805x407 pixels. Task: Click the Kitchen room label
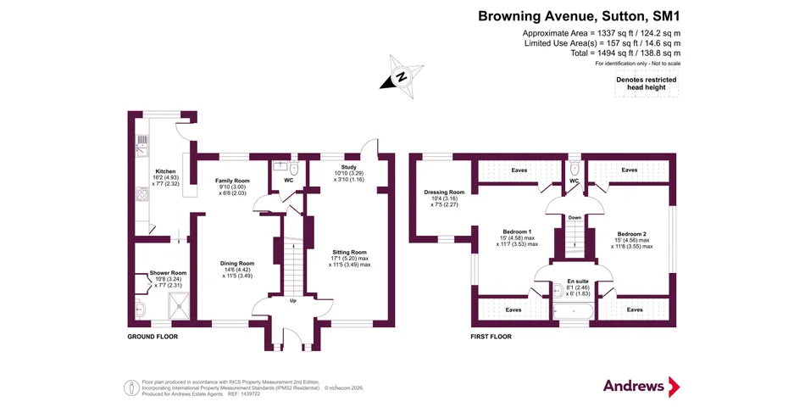coord(165,171)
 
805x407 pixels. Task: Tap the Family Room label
coord(231,181)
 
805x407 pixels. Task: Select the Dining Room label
coord(238,263)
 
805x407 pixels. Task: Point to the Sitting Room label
coord(348,252)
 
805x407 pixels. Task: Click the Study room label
coord(348,168)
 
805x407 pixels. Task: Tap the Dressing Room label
coord(444,192)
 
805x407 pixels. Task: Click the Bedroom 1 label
coord(516,232)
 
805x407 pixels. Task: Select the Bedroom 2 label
coord(631,234)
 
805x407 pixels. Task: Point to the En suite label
coord(576,283)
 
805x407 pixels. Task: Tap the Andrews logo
coord(641,386)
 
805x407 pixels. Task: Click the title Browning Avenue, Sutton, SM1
coord(579,15)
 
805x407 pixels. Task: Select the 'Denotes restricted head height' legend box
coord(646,84)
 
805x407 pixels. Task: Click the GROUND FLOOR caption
coord(152,337)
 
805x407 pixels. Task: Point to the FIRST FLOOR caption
coord(491,337)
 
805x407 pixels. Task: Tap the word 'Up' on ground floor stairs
coord(293,301)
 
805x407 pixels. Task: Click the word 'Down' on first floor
coord(575,216)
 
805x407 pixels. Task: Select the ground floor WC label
coord(288,181)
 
